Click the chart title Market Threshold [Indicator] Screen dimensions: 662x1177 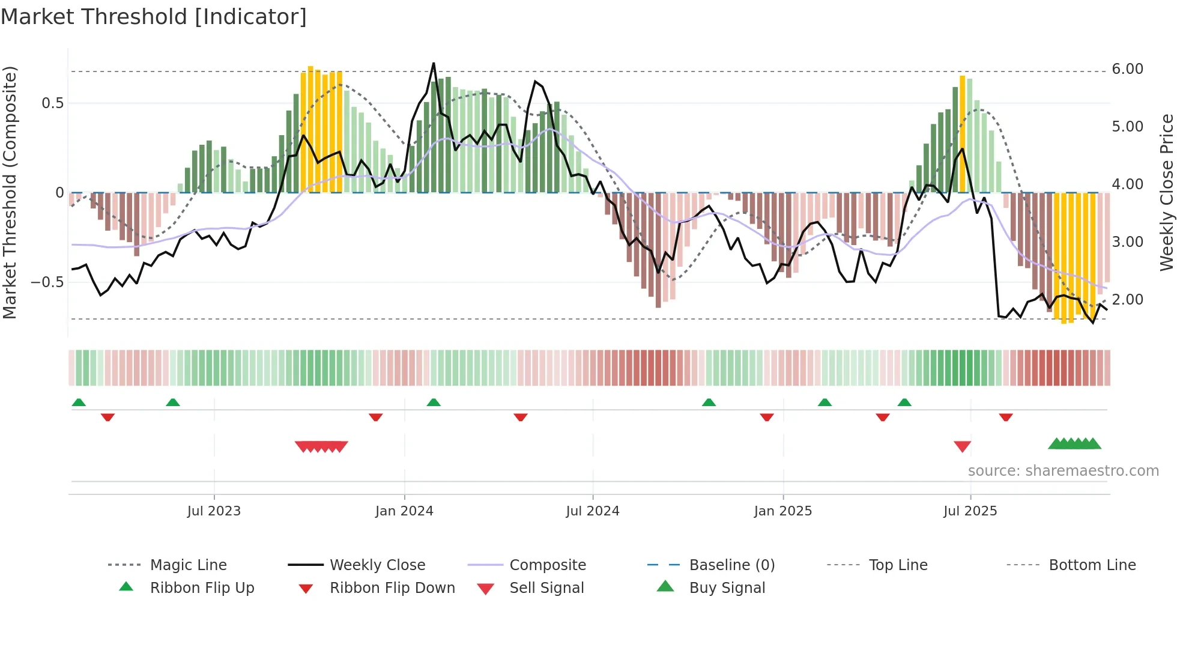[154, 17]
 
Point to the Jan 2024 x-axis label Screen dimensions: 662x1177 [404, 511]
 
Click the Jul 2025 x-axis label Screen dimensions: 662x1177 [970, 511]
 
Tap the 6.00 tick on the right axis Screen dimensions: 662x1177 [1127, 69]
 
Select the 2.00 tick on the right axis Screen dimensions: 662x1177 [1127, 299]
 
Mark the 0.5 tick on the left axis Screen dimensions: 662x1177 [52, 103]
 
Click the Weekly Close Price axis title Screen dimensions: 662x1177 [1166, 192]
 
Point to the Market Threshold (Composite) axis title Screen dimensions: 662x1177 [10, 192]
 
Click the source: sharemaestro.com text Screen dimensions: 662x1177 [1063, 471]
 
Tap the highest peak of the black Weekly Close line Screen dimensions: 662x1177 [434, 64]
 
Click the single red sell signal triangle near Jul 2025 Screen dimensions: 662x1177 [962, 446]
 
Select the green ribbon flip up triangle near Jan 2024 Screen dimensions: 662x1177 [434, 402]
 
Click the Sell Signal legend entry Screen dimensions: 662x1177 [546, 588]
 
